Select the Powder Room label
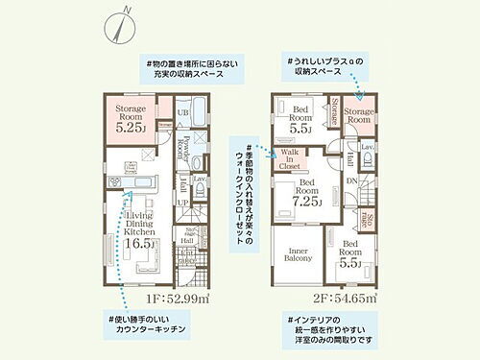(x=180, y=153)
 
